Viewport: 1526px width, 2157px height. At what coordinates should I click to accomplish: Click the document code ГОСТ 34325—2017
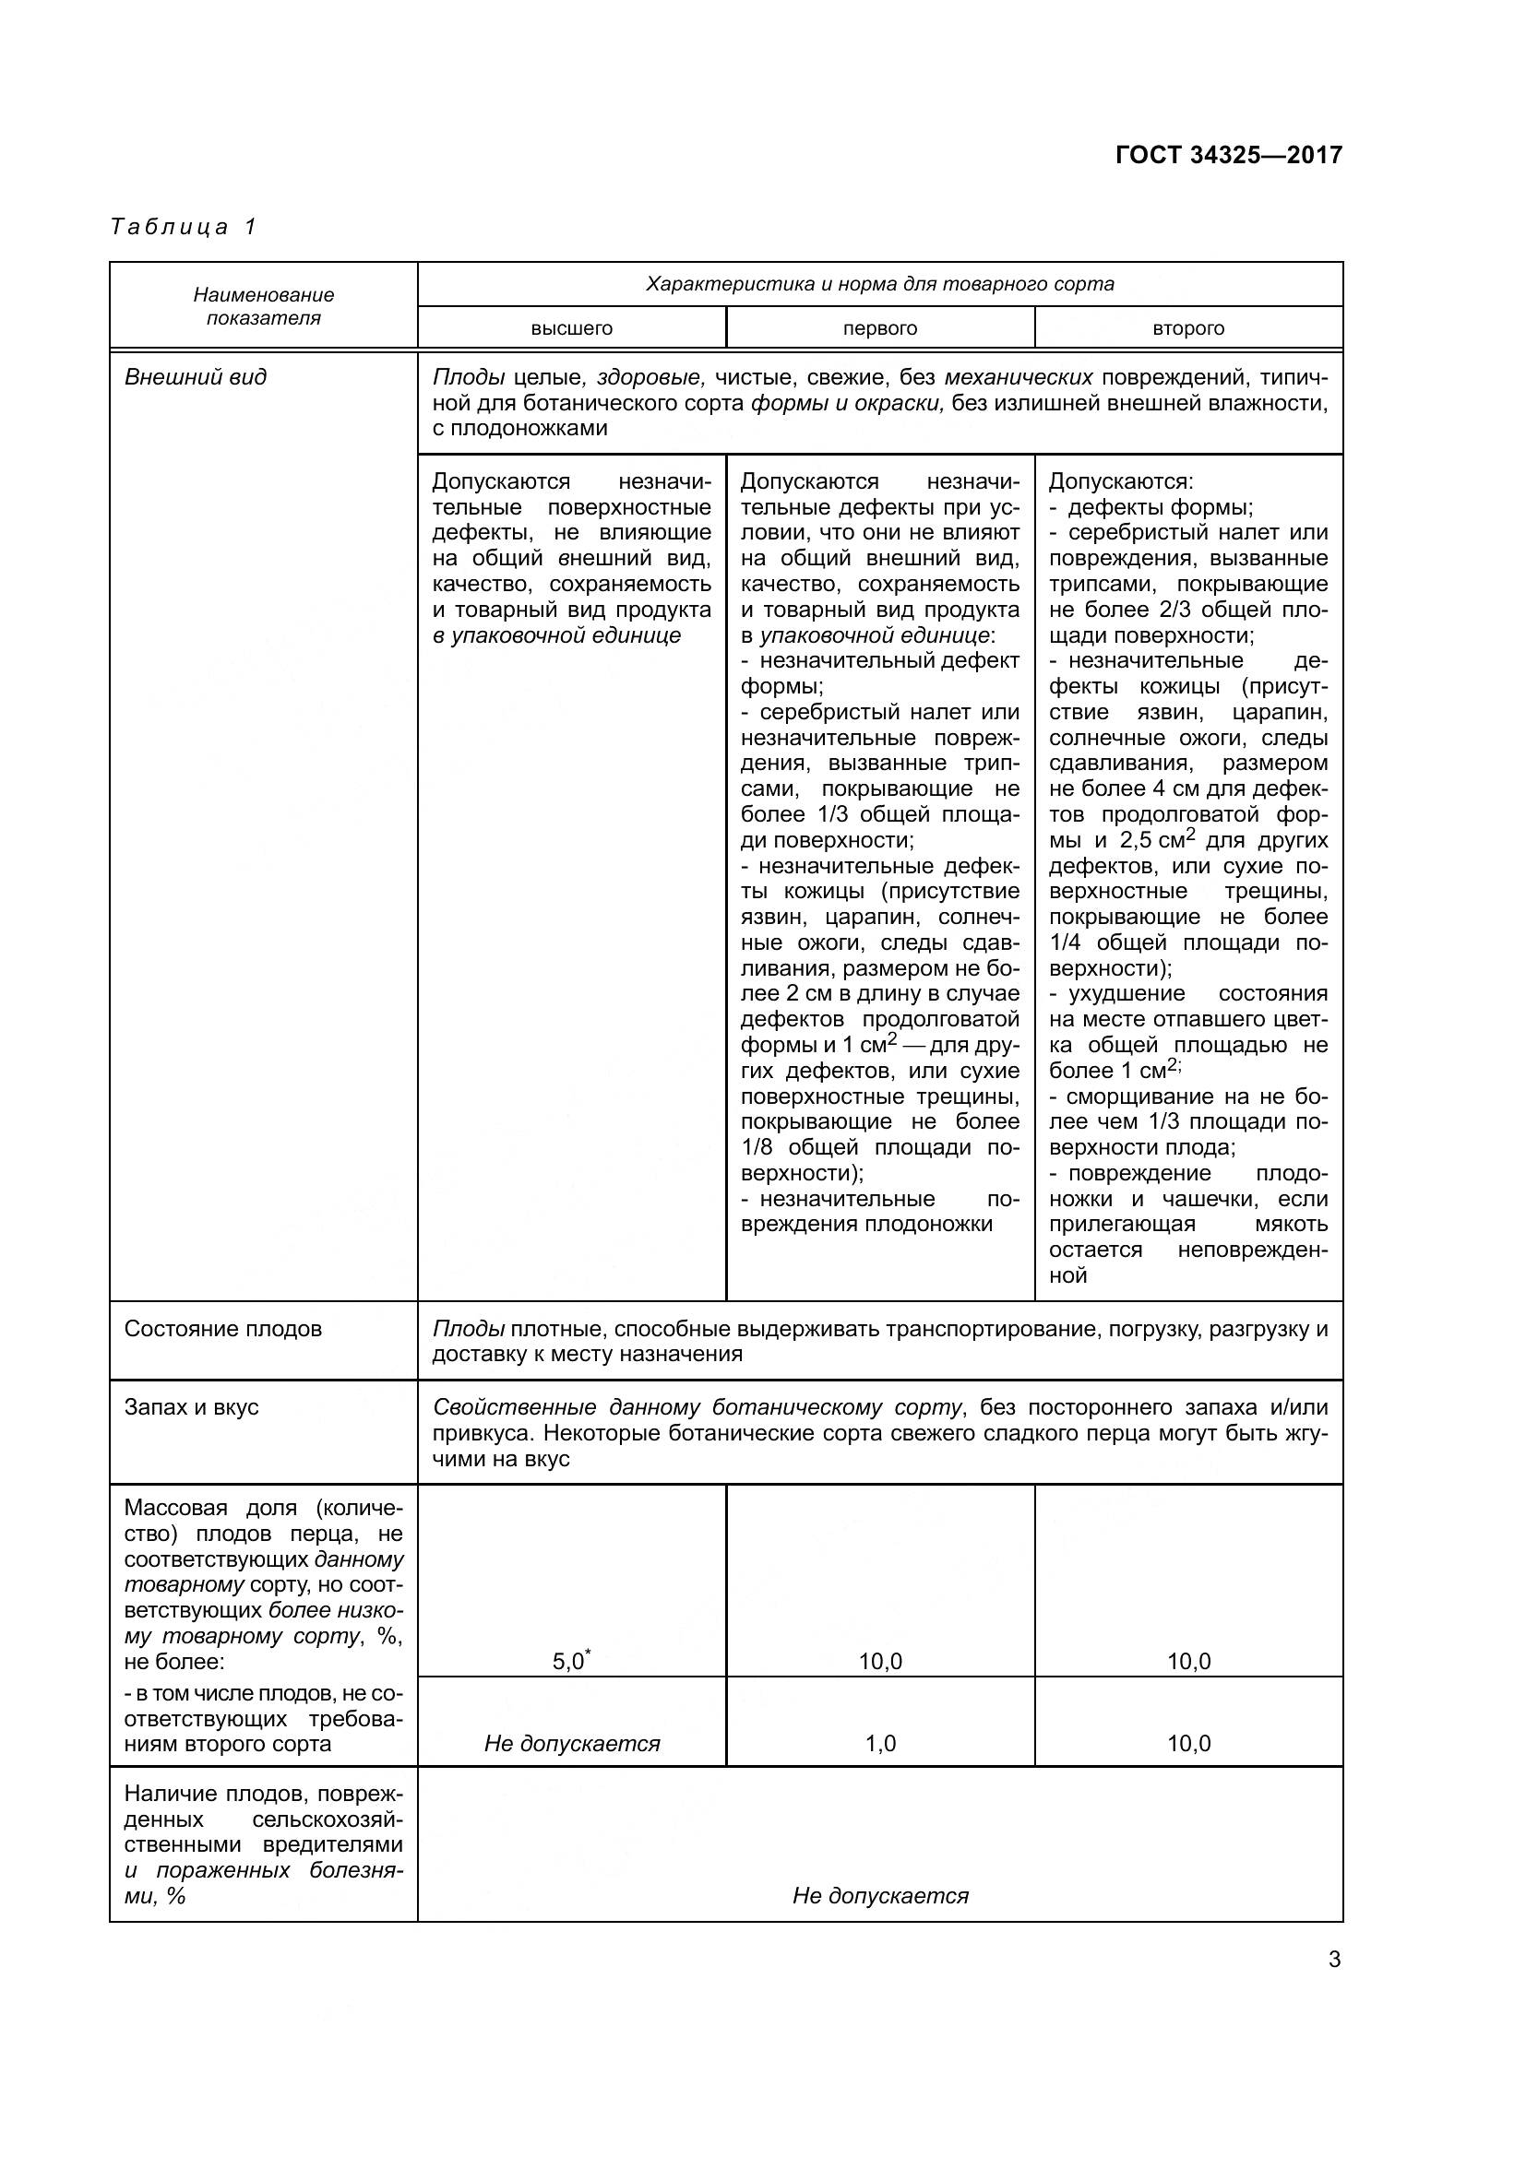(1228, 155)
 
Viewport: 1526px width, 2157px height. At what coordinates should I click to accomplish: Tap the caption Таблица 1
(184, 227)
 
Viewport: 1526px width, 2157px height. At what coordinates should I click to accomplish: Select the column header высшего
(571, 329)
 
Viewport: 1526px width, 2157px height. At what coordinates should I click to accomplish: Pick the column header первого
(879, 329)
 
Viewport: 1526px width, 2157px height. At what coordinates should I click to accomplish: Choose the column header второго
(1187, 329)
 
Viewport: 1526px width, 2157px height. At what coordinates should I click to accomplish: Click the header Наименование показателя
(263, 306)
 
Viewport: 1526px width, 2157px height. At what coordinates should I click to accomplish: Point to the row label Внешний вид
(196, 378)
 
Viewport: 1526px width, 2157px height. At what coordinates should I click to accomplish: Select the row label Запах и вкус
(192, 1407)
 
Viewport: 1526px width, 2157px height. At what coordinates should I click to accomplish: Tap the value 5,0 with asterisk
(570, 1662)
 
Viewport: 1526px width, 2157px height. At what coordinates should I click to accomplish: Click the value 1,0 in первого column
(879, 1744)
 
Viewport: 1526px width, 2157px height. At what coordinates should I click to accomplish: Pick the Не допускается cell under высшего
(571, 1744)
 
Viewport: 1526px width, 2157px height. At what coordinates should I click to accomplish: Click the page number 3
(1334, 1960)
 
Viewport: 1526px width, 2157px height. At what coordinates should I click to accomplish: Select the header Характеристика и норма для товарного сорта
(879, 284)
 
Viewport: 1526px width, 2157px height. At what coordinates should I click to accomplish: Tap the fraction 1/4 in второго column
(1066, 942)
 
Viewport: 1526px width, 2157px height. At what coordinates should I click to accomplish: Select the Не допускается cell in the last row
(879, 1896)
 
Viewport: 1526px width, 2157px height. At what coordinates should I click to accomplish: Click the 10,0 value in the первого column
(879, 1662)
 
